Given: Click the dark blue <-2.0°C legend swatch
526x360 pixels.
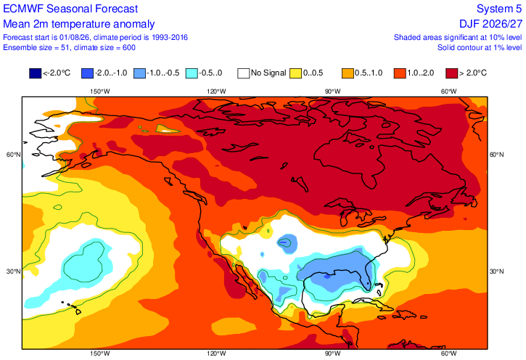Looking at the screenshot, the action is [36, 73].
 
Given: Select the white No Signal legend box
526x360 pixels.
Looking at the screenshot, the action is [244, 73].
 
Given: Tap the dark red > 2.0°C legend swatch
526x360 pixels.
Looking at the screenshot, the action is [452, 73].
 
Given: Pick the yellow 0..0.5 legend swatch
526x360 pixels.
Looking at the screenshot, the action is [295, 73].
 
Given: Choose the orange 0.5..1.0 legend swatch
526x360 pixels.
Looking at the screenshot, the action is [348, 73].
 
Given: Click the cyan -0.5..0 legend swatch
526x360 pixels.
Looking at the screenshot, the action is [192, 73].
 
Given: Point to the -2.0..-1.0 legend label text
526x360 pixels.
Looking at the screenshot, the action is [111, 73].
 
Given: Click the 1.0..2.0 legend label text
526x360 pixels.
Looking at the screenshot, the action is [421, 73].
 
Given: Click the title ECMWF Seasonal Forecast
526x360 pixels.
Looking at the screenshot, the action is [70, 9].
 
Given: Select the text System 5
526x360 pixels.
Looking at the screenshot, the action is [499, 9].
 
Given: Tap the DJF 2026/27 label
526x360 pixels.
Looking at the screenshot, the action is [491, 24].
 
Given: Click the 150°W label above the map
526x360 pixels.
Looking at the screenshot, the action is [100, 91].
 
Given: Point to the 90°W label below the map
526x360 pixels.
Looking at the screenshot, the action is [332, 353].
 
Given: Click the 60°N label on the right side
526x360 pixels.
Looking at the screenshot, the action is [496, 155].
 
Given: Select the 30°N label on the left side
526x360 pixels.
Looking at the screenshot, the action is [13, 271].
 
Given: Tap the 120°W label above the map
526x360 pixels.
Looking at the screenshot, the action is [216, 91].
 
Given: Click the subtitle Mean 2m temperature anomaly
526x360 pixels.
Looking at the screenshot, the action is [79, 24].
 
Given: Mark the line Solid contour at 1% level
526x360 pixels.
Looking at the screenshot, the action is [480, 48].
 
